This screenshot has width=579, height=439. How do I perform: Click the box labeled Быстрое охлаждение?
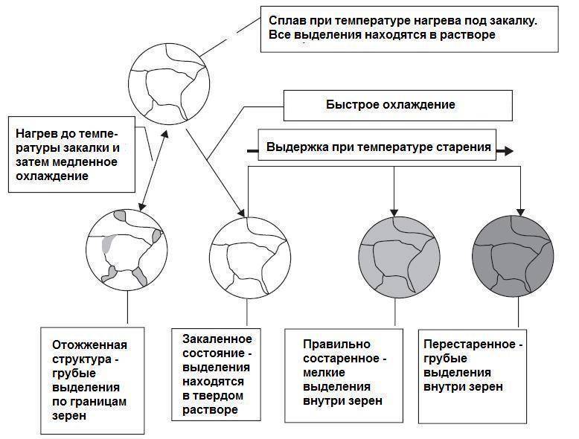coord(397,105)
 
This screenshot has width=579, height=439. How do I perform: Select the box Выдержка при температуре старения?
coord(377,144)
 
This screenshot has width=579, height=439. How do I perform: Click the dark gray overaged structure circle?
coord(513,256)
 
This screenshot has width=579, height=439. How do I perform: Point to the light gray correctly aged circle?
coord(399,257)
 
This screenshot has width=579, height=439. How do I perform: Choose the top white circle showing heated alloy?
coord(169,84)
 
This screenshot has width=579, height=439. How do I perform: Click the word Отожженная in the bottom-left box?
coord(90,345)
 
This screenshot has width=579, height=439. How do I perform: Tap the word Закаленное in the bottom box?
coord(217,339)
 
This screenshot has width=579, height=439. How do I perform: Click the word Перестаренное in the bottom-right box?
coord(470,344)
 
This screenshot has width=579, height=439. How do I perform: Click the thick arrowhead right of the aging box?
coord(508,150)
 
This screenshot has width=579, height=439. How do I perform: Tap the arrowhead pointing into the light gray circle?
coord(394,212)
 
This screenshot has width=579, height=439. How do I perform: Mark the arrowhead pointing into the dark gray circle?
coord(520,212)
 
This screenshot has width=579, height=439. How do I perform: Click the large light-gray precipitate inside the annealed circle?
coord(108,243)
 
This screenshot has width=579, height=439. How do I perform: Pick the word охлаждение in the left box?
coord(52,176)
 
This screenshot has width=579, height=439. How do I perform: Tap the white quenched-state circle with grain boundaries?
coord(250,257)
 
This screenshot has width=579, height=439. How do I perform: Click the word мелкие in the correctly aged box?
coord(324,373)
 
